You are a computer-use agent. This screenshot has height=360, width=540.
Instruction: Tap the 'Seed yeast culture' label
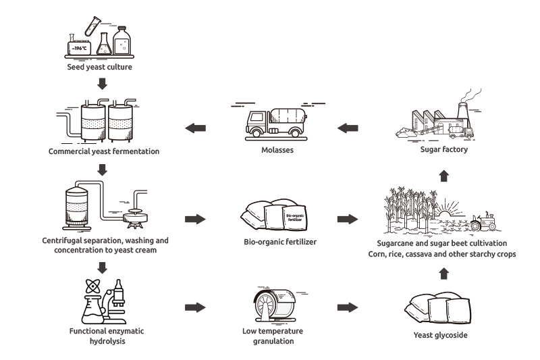click(100, 68)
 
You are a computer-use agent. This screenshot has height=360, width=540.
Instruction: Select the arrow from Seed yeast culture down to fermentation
click(102, 84)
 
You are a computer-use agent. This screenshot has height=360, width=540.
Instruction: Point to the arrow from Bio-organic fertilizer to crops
click(347, 219)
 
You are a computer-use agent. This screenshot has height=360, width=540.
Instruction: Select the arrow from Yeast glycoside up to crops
click(443, 273)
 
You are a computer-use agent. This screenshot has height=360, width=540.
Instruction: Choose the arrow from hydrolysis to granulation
click(194, 307)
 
